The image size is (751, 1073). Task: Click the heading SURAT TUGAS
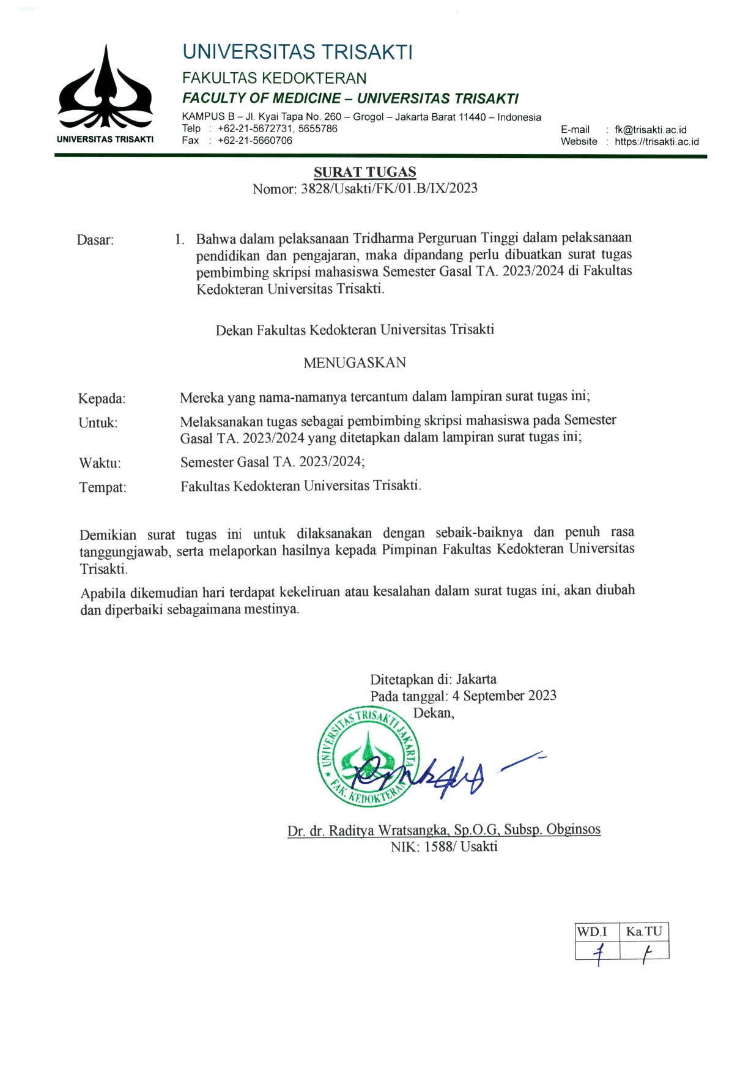pos(364,172)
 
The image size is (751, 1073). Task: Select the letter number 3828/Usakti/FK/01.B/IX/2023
pos(389,188)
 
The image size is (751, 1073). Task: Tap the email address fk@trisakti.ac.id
pos(650,130)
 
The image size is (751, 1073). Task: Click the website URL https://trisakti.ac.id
pos(656,141)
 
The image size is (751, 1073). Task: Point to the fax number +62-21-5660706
pos(255,141)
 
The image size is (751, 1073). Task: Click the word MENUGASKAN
pos(355,363)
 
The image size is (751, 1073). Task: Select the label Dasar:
pos(95,240)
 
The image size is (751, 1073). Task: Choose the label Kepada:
pos(102,399)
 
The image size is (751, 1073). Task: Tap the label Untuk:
pos(98,423)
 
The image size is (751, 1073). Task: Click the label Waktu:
pos(100,463)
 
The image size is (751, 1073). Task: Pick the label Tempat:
pos(103,488)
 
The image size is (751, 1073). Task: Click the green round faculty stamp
pos(368,757)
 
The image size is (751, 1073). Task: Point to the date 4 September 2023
pos(504,696)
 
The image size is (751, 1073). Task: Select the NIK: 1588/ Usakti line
pos(444,847)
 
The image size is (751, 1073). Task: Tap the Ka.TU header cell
pos(644,932)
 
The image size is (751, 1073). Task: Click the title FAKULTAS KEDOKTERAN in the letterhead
pos(274,78)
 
